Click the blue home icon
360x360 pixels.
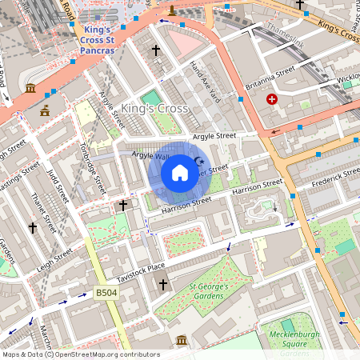pyautogui.click(x=180, y=173)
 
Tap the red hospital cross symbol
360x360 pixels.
pyautogui.click(x=272, y=100)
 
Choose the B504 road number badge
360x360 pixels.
pyautogui.click(x=106, y=294)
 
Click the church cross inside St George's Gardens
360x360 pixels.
pyautogui.click(x=163, y=284)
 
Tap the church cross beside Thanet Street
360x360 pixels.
pyautogui.click(x=33, y=228)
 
